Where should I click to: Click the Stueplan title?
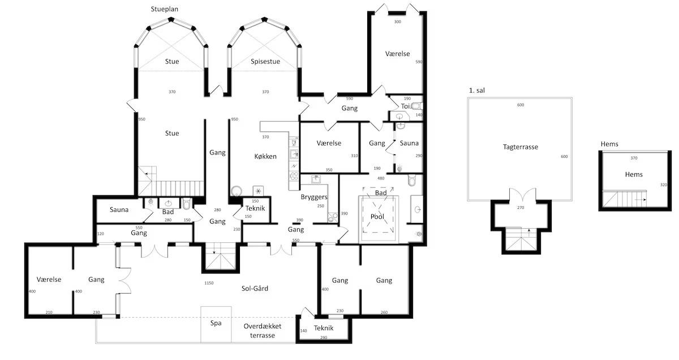pyautogui.click(x=164, y=9)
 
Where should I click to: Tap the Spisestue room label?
pyautogui.click(x=265, y=62)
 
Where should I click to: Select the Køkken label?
pyautogui.click(x=265, y=156)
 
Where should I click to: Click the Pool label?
pyautogui.click(x=377, y=217)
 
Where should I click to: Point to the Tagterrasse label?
pyautogui.click(x=521, y=147)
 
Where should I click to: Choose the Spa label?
pyautogui.click(x=216, y=323)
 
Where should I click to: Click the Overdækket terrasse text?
pyautogui.click(x=263, y=331)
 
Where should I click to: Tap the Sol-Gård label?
pyautogui.click(x=255, y=289)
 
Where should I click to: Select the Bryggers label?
pyautogui.click(x=314, y=197)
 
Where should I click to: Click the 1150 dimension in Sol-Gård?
pyautogui.click(x=209, y=283)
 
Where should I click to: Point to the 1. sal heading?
pyautogui.click(x=477, y=91)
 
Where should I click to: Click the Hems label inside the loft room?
pyautogui.click(x=634, y=174)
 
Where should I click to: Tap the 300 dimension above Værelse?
pyautogui.click(x=397, y=22)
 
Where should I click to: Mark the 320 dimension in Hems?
pyautogui.click(x=664, y=185)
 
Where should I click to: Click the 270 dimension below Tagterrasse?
pyautogui.click(x=521, y=208)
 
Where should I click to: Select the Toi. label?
pyautogui.click(x=406, y=106)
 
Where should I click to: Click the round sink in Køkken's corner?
pyautogui.click(x=236, y=191)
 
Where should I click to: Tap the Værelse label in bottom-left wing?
pyautogui.click(x=49, y=279)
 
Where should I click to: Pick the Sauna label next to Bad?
pyautogui.click(x=119, y=209)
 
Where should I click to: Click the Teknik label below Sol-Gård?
pyautogui.click(x=324, y=328)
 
